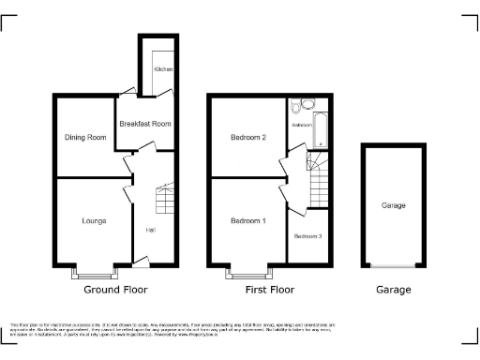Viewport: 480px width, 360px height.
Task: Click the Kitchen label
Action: (163, 69)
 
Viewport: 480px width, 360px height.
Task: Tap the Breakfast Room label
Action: (144, 124)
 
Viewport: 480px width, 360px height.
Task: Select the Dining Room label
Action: (85, 138)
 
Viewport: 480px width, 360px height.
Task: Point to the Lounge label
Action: (93, 221)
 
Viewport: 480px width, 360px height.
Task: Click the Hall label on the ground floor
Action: (150, 231)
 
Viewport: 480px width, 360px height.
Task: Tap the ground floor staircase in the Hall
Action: (164, 199)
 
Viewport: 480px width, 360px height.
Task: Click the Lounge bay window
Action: (94, 272)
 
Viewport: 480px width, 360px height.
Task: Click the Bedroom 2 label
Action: (248, 138)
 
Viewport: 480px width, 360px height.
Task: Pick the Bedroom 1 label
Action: (248, 220)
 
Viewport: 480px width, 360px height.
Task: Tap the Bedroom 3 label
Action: (307, 236)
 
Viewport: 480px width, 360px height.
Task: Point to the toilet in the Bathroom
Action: (295, 106)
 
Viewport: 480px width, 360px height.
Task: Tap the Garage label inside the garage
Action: (394, 205)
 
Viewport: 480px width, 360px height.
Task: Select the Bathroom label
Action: (301, 125)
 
